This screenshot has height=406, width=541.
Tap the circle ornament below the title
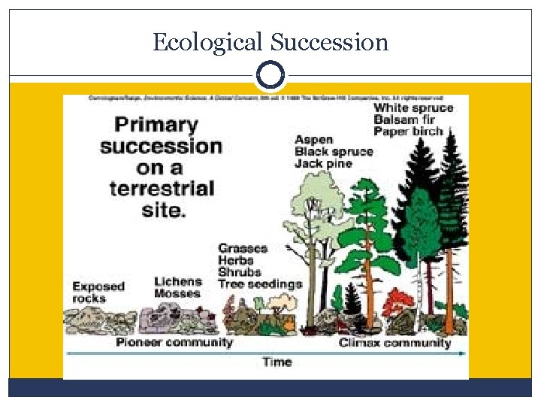pos(270,75)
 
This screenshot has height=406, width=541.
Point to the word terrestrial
pos(162,187)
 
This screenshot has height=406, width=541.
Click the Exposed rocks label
pos(98,292)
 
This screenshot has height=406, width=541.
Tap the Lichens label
pos(178,281)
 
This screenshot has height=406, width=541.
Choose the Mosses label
pos(177,293)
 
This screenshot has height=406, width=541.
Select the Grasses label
pos(242,248)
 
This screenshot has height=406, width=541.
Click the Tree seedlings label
pos(259,284)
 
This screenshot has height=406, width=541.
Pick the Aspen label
pos(313,140)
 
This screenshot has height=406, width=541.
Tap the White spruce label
pos(413,108)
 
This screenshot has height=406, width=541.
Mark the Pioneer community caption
pos(174,343)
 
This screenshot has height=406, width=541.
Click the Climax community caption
pos(394,343)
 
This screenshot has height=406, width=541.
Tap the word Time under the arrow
pos(277,362)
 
